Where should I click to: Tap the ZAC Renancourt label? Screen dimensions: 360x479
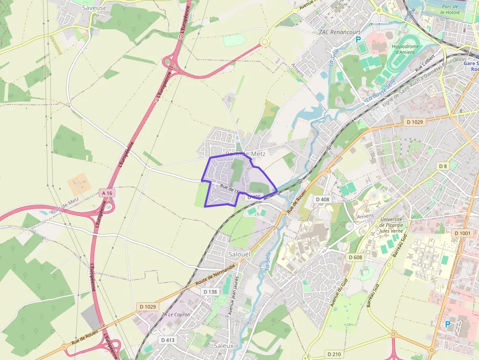coord(337,32)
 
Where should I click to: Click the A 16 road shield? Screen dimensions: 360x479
coord(107,193)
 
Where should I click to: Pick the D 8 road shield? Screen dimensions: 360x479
coord(442,166)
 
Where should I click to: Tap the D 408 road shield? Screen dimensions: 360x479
coord(323,199)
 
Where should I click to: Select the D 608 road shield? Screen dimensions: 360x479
coord(355,257)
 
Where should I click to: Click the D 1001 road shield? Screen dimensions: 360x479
coord(462,233)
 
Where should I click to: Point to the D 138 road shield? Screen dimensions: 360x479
coord(209,292)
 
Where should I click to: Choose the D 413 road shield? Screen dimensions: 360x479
coord(167,339)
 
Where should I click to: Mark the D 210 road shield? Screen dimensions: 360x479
coord(334,354)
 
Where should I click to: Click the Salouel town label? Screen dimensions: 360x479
coord(239,254)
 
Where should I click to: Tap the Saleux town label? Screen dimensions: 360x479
coord(224,345)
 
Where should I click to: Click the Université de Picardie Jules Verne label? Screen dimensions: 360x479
coord(392,226)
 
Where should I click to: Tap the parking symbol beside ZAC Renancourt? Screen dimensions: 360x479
coord(358,40)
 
